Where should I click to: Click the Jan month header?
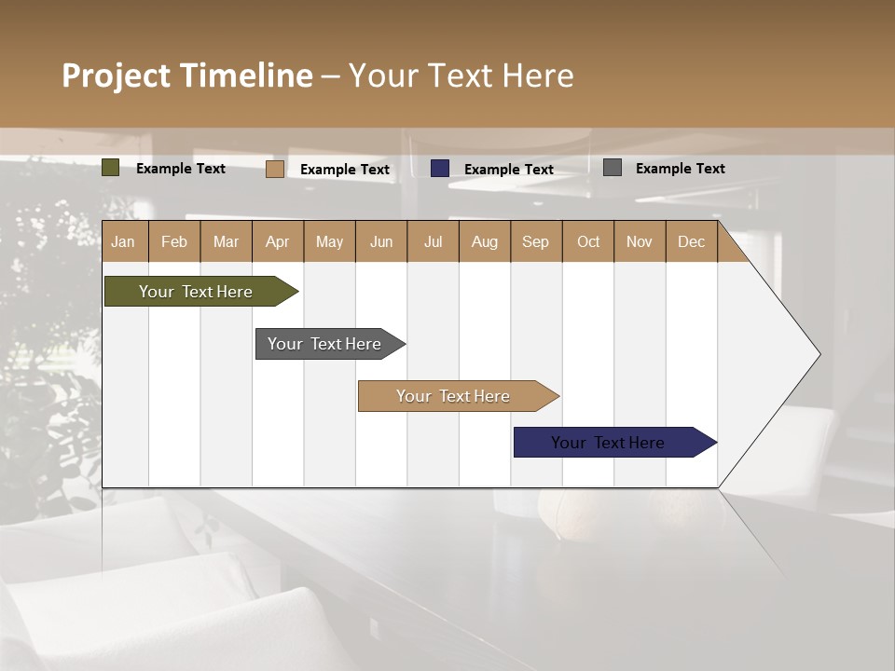click(x=123, y=242)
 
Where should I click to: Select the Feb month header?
click(x=174, y=242)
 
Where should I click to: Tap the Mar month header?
click(x=226, y=242)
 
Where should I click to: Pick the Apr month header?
click(x=278, y=242)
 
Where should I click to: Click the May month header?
click(x=329, y=242)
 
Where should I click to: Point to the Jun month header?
click(x=381, y=242)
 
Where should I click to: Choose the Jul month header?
click(x=433, y=242)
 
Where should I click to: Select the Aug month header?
click(x=485, y=242)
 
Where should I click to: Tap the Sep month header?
click(x=536, y=242)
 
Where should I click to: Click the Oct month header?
click(x=588, y=242)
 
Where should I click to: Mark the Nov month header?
click(x=640, y=242)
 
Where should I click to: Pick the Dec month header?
click(x=692, y=242)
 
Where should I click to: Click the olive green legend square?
click(x=111, y=168)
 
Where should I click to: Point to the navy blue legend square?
click(x=440, y=169)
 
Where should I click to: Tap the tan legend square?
click(x=275, y=169)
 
